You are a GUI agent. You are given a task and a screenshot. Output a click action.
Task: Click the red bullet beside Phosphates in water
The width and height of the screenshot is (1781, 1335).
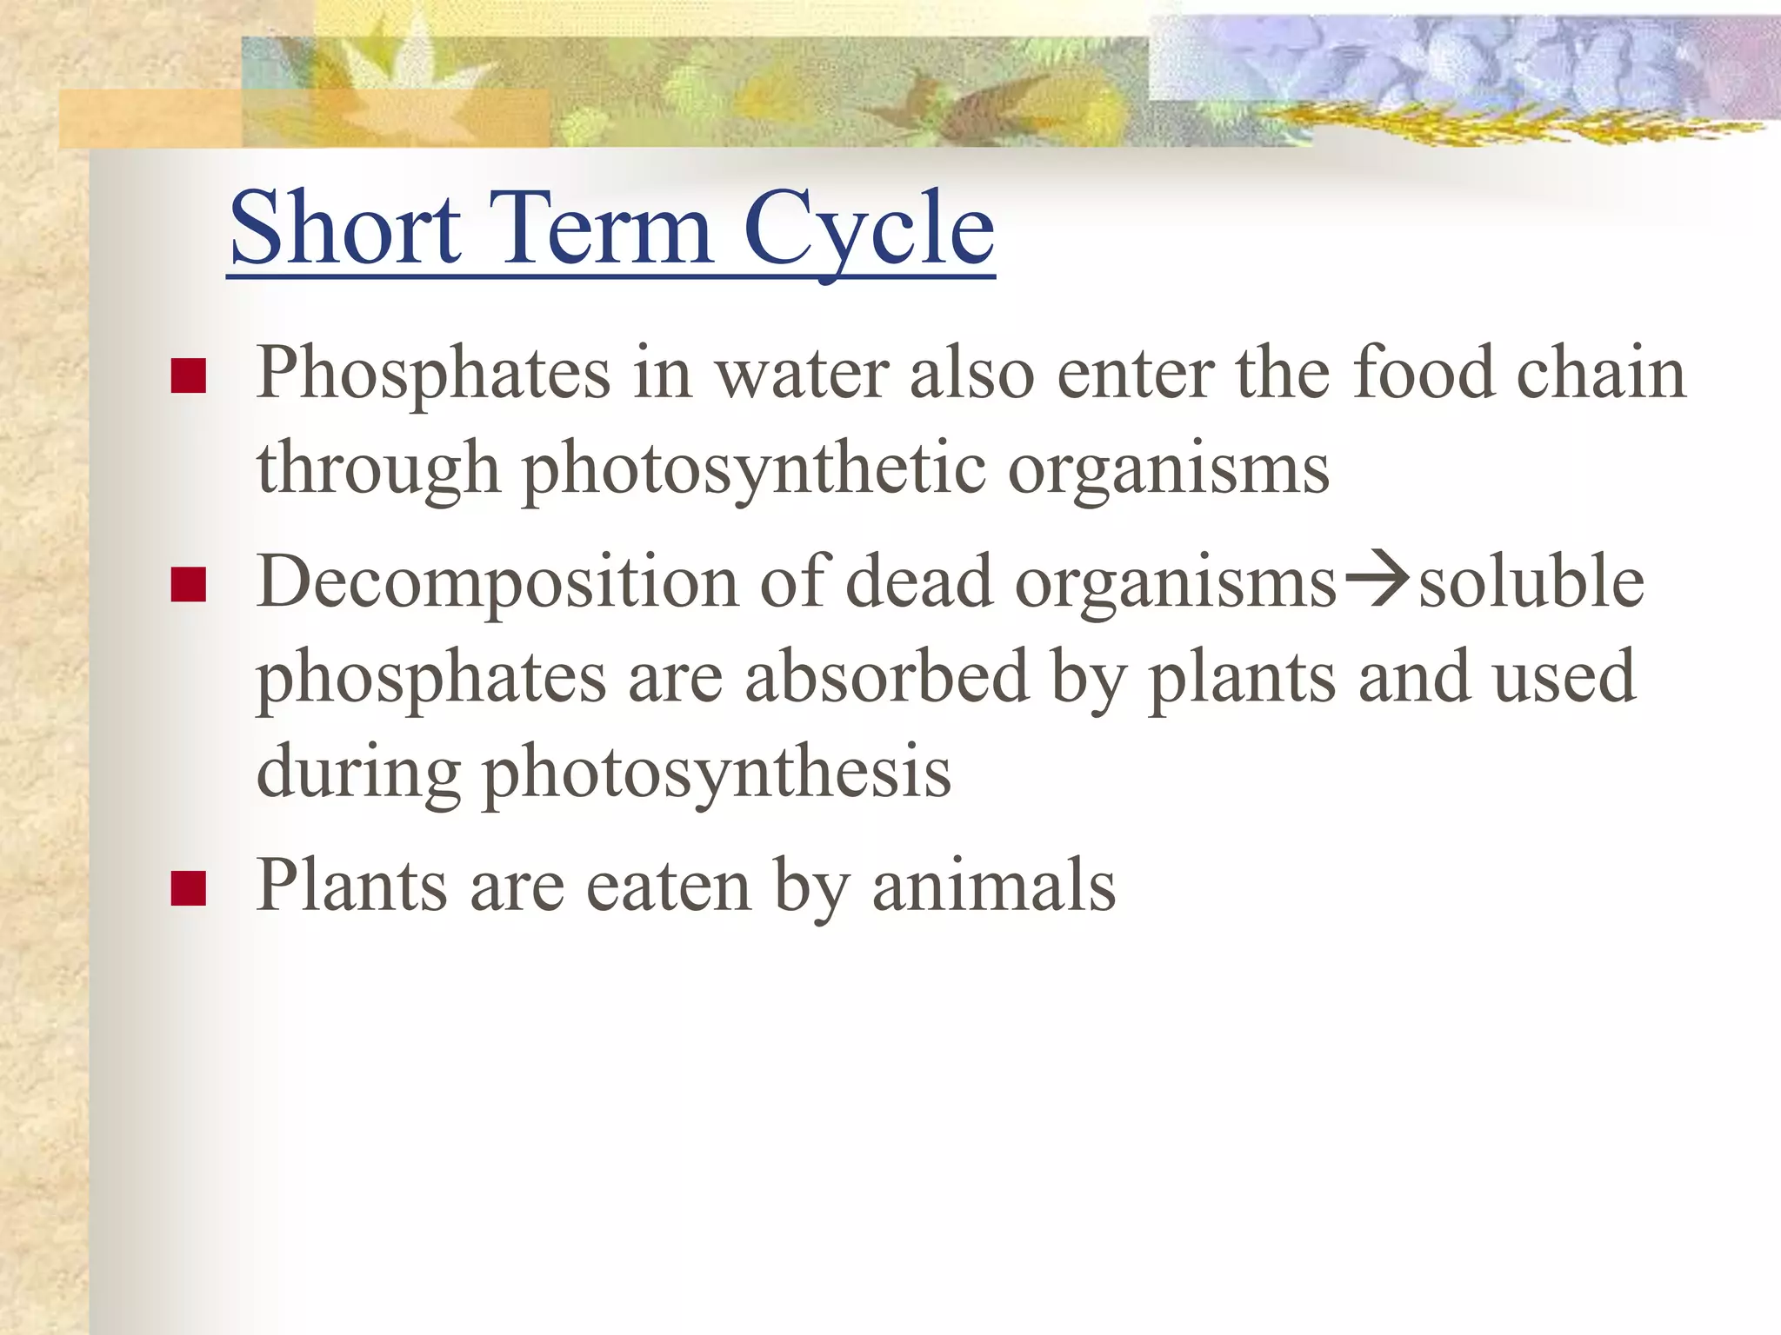188,376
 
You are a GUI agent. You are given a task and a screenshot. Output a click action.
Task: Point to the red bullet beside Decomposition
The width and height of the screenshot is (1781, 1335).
188,585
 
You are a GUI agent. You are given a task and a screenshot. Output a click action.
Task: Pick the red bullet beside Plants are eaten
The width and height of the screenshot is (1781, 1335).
188,889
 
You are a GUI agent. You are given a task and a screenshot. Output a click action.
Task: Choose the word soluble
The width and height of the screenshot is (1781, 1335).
1531,581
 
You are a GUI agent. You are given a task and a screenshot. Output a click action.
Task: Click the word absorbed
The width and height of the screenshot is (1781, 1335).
887,676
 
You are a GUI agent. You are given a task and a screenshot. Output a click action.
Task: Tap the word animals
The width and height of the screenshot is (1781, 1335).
994,886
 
